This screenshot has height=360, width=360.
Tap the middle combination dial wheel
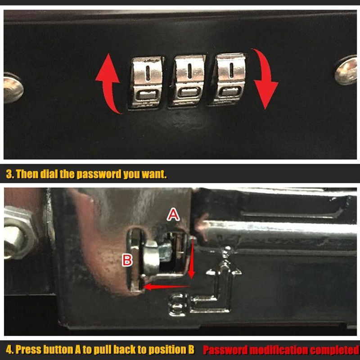[187, 81]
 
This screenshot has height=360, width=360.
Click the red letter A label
[173, 216]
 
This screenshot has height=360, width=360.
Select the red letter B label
[127, 260]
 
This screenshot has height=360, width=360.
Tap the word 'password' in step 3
[99, 175]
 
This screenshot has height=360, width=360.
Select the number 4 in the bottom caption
[9, 350]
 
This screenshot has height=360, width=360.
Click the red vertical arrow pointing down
[191, 258]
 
